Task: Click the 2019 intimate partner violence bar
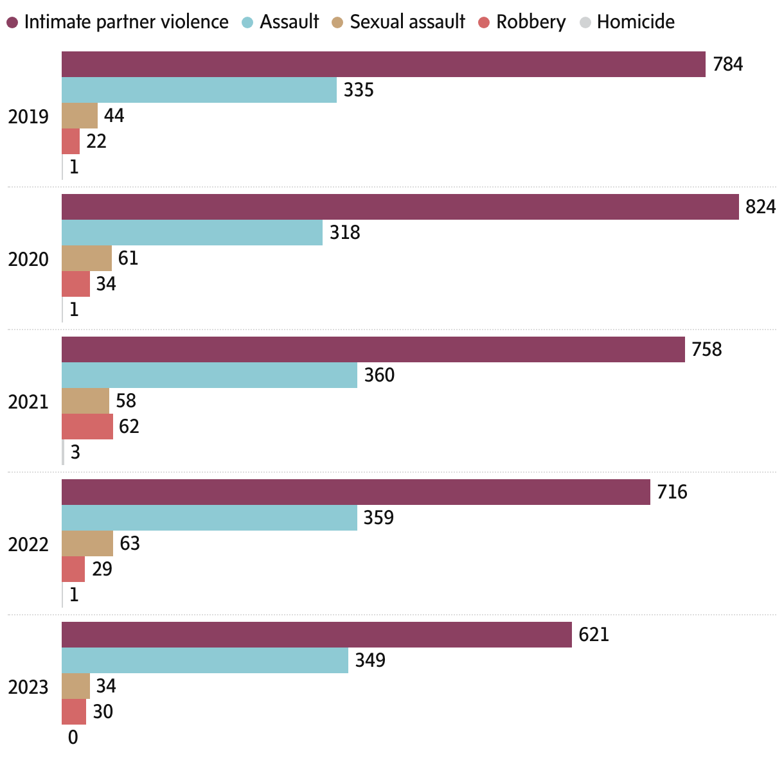point(383,64)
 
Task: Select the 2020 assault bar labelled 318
point(192,233)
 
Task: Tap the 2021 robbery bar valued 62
point(87,427)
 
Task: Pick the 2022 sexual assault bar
point(87,543)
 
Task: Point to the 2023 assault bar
point(204,660)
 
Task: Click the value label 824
point(760,207)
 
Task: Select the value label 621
point(593,635)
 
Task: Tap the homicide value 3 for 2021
point(75,452)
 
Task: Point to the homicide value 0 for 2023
point(73,737)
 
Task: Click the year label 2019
point(28,116)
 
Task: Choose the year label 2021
point(28,401)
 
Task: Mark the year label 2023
point(28,687)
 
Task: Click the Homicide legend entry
point(635,22)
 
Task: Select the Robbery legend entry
point(531,22)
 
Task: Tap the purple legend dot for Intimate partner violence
point(12,22)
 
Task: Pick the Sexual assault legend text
point(407,22)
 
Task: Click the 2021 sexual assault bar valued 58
point(85,401)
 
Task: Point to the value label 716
point(672,492)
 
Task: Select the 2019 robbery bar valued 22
point(71,141)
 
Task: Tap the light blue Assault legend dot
point(248,22)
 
